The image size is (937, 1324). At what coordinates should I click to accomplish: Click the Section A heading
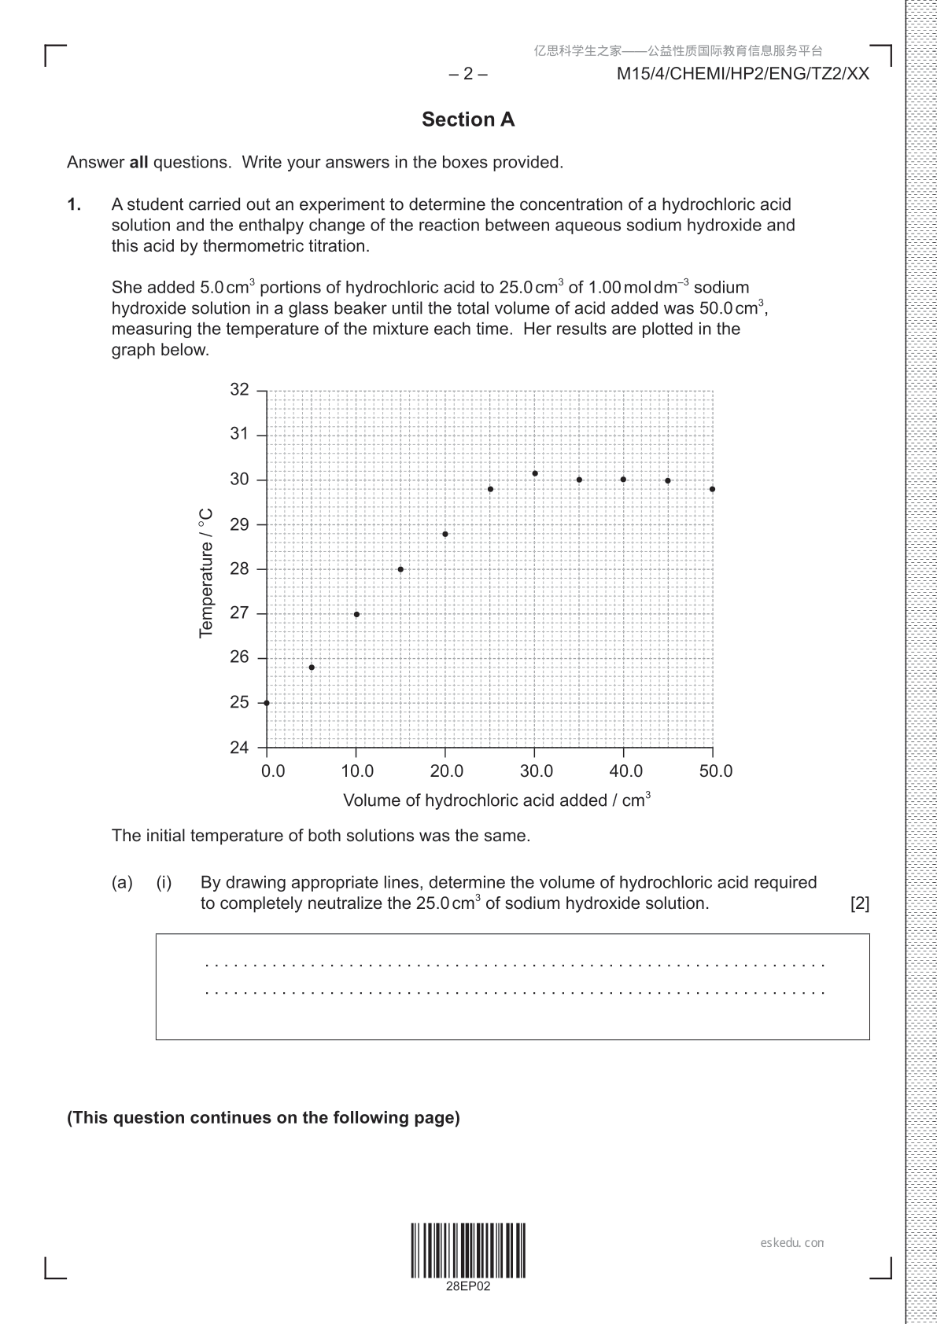click(x=468, y=120)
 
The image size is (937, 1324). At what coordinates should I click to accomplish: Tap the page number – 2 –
click(x=468, y=74)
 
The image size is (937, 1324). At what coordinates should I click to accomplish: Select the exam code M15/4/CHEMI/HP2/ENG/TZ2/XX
click(x=743, y=74)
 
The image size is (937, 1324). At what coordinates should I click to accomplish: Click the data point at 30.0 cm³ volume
click(x=535, y=473)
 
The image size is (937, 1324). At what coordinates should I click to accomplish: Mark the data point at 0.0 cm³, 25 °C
click(x=267, y=703)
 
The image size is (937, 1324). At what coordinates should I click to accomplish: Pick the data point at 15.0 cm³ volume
click(x=400, y=569)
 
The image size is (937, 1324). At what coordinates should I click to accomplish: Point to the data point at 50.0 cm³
click(x=712, y=489)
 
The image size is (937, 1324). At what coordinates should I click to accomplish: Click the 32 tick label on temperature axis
click(x=239, y=390)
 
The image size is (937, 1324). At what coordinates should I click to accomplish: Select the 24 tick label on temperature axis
click(x=239, y=748)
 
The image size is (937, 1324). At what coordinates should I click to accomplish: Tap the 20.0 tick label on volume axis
click(x=447, y=771)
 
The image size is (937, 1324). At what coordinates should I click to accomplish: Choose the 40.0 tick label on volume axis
click(x=626, y=771)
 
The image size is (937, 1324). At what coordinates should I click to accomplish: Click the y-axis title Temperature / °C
click(x=207, y=572)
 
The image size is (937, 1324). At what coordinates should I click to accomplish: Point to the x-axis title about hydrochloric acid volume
click(x=496, y=800)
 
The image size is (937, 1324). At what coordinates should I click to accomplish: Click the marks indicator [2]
click(x=860, y=903)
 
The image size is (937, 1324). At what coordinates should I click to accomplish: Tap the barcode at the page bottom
click(x=468, y=1250)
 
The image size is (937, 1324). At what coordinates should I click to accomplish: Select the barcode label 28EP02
click(x=468, y=1286)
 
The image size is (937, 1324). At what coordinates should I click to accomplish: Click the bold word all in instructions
click(x=138, y=163)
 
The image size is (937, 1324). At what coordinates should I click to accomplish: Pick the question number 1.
click(x=74, y=204)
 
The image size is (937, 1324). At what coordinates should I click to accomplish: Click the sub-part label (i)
click(x=164, y=883)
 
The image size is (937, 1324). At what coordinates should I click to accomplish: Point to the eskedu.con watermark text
click(x=792, y=1243)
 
